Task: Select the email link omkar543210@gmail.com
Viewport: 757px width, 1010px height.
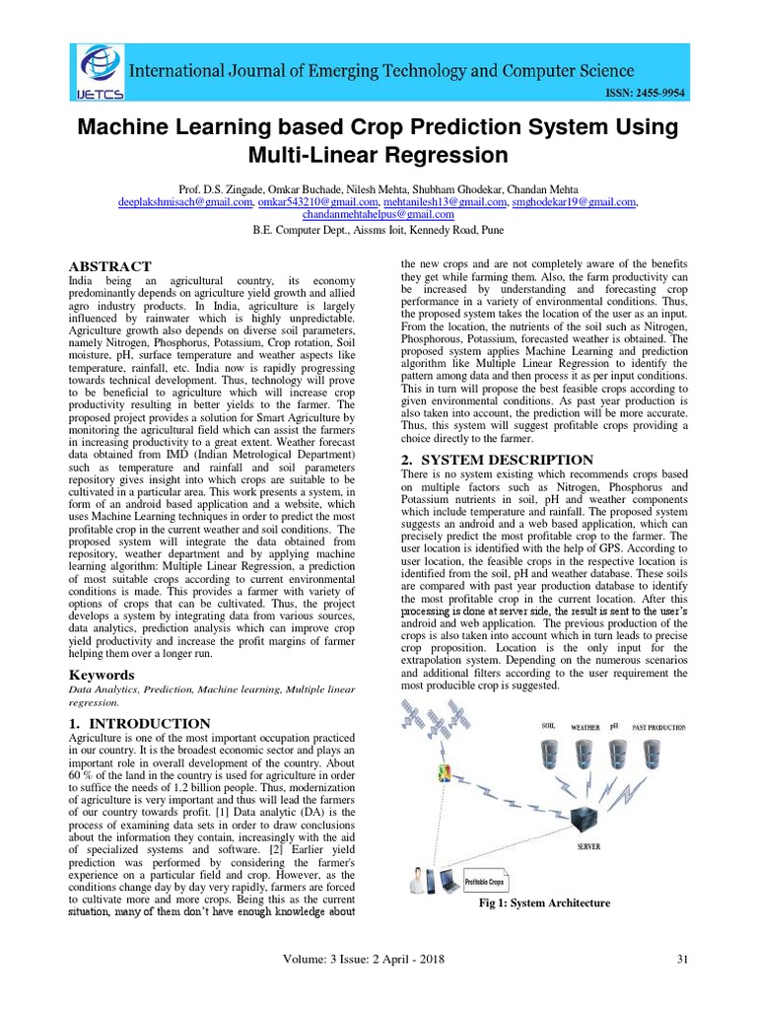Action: (x=306, y=202)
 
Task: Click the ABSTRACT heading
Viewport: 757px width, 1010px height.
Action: (x=108, y=266)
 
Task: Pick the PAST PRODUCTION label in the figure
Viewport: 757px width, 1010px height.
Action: (x=659, y=727)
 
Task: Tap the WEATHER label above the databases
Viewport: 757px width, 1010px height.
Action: (x=585, y=727)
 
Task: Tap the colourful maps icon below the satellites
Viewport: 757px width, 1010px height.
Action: (x=445, y=772)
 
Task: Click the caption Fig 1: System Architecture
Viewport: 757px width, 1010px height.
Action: (x=544, y=902)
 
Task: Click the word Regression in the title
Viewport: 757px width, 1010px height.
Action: (x=447, y=155)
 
